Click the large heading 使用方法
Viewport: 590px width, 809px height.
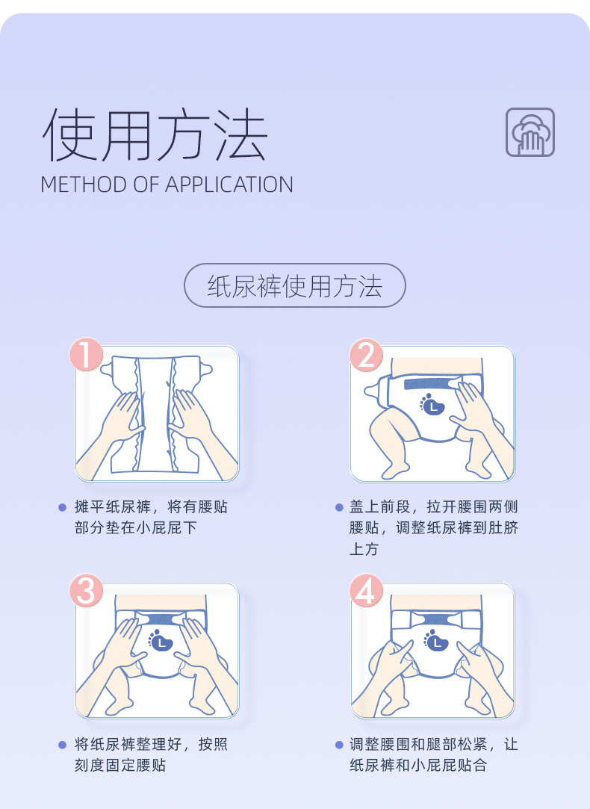[154, 134]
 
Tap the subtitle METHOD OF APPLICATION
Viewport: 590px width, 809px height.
[167, 185]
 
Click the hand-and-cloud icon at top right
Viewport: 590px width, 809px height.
[530, 132]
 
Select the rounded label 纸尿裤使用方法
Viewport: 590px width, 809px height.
[294, 286]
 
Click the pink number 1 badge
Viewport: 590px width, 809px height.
[87, 355]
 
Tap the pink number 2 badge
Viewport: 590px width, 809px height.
[366, 355]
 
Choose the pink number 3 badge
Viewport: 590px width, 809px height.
[87, 592]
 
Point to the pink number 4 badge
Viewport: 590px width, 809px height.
[366, 592]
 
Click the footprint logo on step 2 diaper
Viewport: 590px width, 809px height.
[432, 404]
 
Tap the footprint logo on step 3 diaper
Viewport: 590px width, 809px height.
[161, 641]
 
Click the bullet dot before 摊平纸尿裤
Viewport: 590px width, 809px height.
[63, 508]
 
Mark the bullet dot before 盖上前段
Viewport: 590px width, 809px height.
[339, 508]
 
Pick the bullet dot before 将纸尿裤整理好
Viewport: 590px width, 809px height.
[63, 745]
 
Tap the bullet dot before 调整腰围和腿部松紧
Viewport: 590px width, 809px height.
[339, 745]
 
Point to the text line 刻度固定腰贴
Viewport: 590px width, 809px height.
[120, 766]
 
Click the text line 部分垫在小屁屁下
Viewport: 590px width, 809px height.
[135, 528]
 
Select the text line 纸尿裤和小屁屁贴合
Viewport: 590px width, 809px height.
[417, 766]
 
